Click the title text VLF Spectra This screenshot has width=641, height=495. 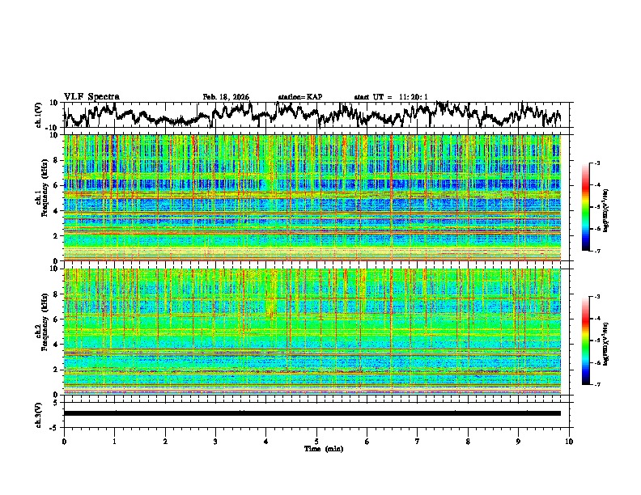point(91,97)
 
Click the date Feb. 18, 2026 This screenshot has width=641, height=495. point(226,97)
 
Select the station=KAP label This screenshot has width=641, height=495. point(299,97)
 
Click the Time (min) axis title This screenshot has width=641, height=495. point(323,448)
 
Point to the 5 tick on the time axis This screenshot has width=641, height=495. point(316,442)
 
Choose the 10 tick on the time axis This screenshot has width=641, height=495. point(570,442)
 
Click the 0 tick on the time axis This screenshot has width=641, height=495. point(64,442)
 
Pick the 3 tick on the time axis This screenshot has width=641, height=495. point(215,442)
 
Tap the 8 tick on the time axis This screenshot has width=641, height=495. point(469,442)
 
